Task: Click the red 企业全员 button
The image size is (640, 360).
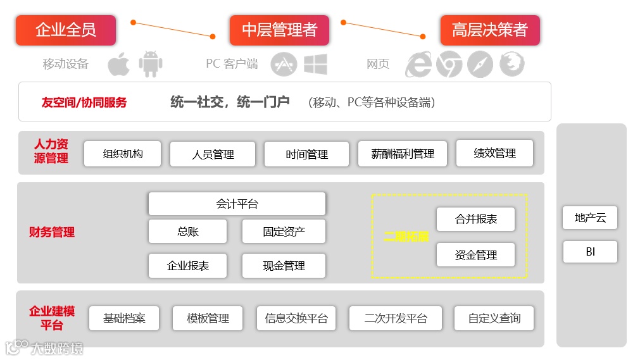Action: click(66, 30)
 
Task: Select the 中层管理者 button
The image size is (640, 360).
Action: click(279, 30)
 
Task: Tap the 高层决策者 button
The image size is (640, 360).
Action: click(489, 30)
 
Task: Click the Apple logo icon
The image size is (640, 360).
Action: click(118, 64)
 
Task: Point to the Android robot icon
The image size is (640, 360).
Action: click(151, 64)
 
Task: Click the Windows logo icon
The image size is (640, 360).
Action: click(315, 64)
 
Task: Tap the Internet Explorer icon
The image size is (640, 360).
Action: click(418, 65)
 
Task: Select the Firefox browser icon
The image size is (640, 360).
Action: click(511, 65)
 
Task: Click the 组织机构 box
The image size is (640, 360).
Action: click(123, 154)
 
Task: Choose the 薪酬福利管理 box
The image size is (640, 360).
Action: click(403, 154)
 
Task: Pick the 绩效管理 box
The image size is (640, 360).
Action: click(494, 153)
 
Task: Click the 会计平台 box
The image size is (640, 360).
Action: click(237, 204)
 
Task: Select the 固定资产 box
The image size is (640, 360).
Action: click(284, 232)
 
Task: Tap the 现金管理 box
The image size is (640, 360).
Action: click(284, 266)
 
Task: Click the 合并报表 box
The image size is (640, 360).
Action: click(475, 220)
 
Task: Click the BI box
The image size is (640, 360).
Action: click(590, 252)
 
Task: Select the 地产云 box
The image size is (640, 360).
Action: click(590, 218)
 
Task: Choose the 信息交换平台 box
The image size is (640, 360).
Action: click(296, 318)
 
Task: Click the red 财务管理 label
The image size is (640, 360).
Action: click(52, 232)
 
